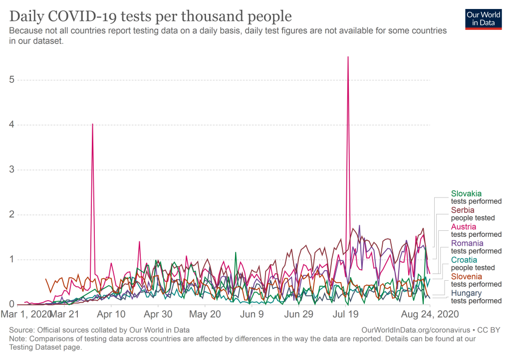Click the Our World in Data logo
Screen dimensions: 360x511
[x=483, y=18]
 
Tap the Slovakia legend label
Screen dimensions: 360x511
[x=466, y=193]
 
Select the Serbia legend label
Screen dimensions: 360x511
[x=463, y=210]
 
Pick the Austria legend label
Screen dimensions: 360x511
[x=464, y=226]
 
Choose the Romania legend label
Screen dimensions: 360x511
[x=467, y=243]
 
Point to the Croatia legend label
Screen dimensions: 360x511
[x=464, y=260]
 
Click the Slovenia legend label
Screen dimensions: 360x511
[x=467, y=276]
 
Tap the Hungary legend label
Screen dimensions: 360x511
[x=466, y=293]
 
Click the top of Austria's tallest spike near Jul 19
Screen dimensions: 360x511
[x=348, y=57]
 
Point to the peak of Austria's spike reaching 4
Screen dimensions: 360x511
[x=92, y=124]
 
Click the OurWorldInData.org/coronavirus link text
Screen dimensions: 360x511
[x=413, y=330]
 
